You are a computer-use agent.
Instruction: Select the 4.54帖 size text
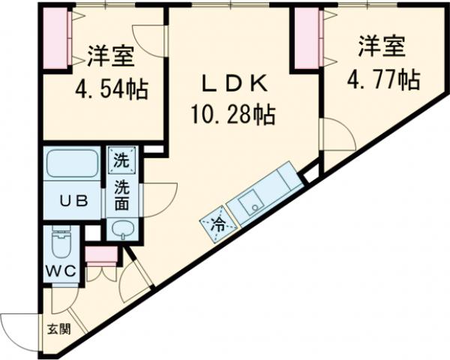coord(110,89)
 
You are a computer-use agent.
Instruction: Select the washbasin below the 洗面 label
coord(121,228)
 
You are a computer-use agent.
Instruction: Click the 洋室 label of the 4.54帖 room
coord(110,56)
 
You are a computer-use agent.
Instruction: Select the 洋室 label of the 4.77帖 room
coord(381,46)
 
